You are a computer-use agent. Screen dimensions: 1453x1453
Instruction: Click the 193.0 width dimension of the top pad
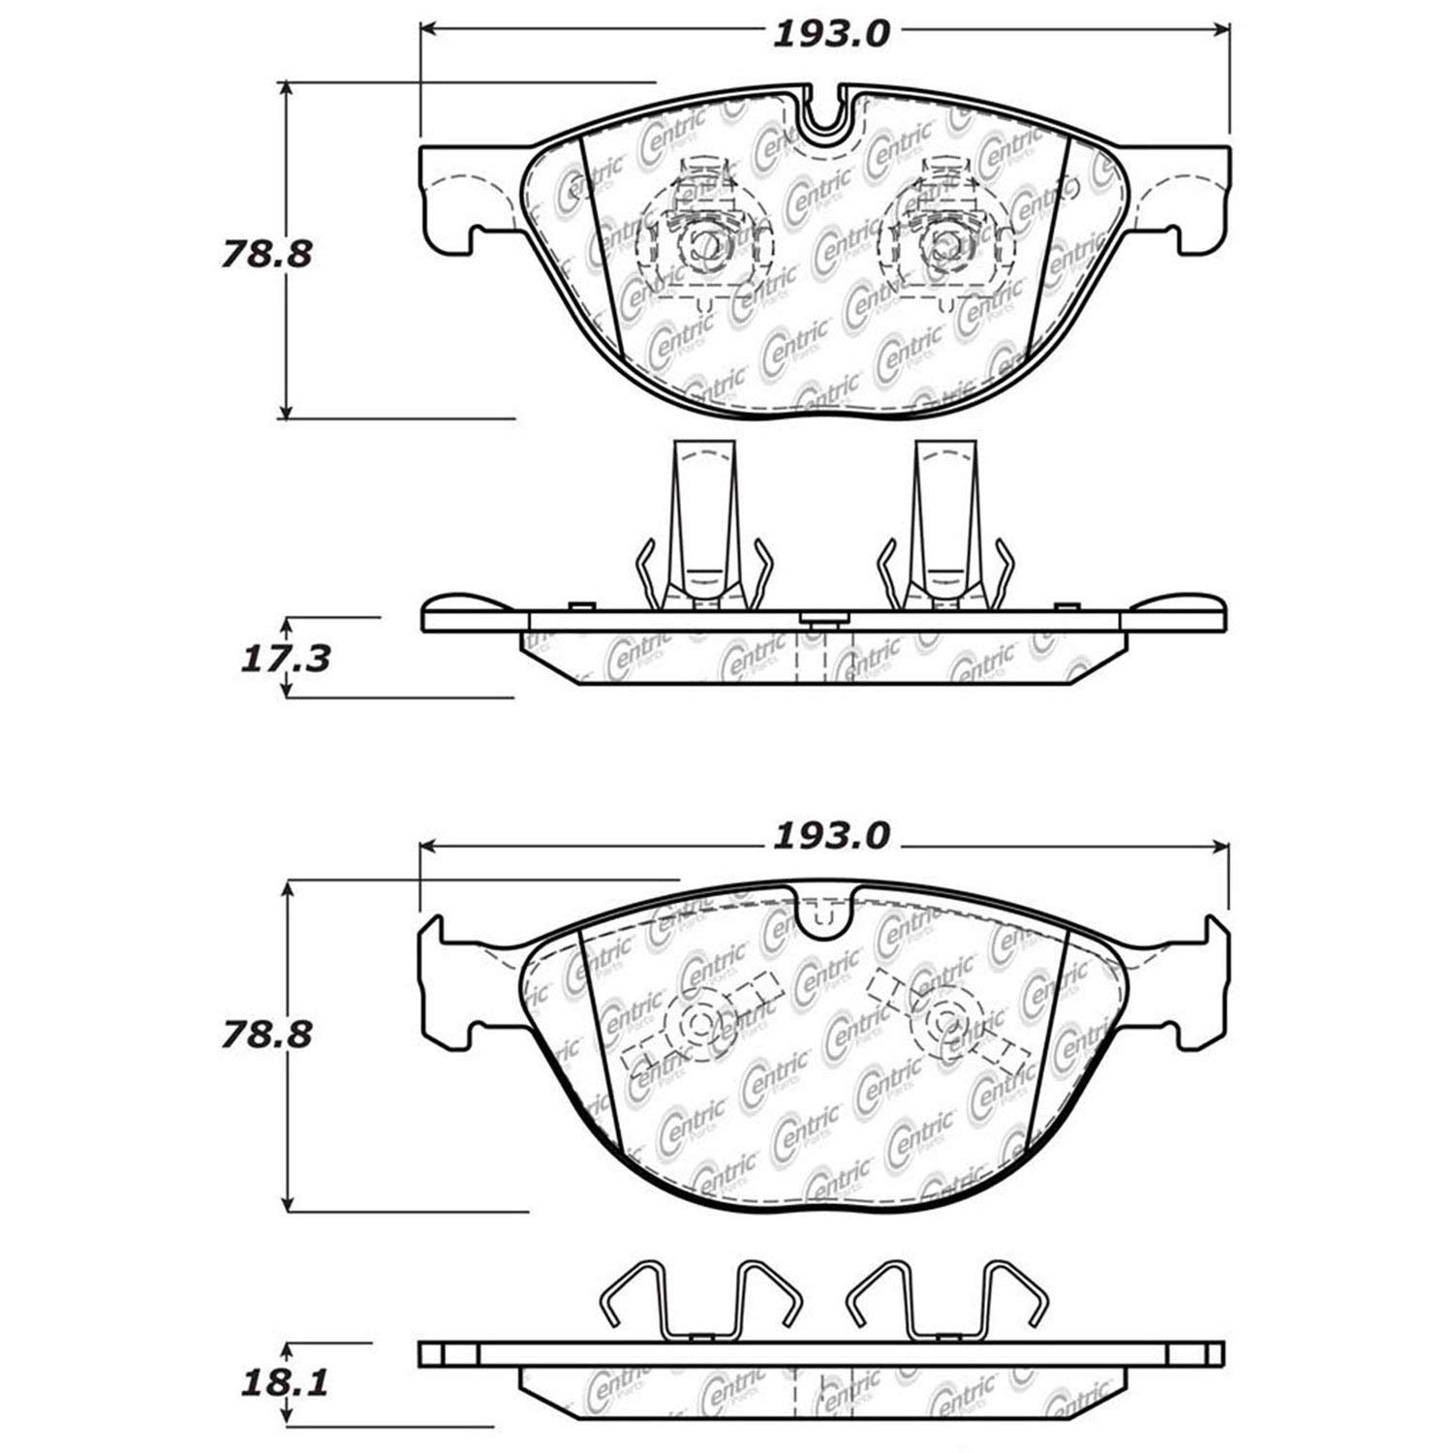point(830,35)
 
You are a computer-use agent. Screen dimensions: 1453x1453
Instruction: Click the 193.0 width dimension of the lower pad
point(830,836)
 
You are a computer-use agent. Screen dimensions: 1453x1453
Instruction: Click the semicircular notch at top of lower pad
point(822,915)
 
